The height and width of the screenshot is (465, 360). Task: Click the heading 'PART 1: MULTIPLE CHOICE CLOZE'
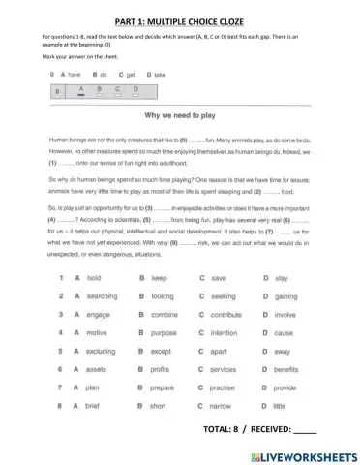pos(179,15)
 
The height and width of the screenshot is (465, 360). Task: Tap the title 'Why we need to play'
pos(181,113)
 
